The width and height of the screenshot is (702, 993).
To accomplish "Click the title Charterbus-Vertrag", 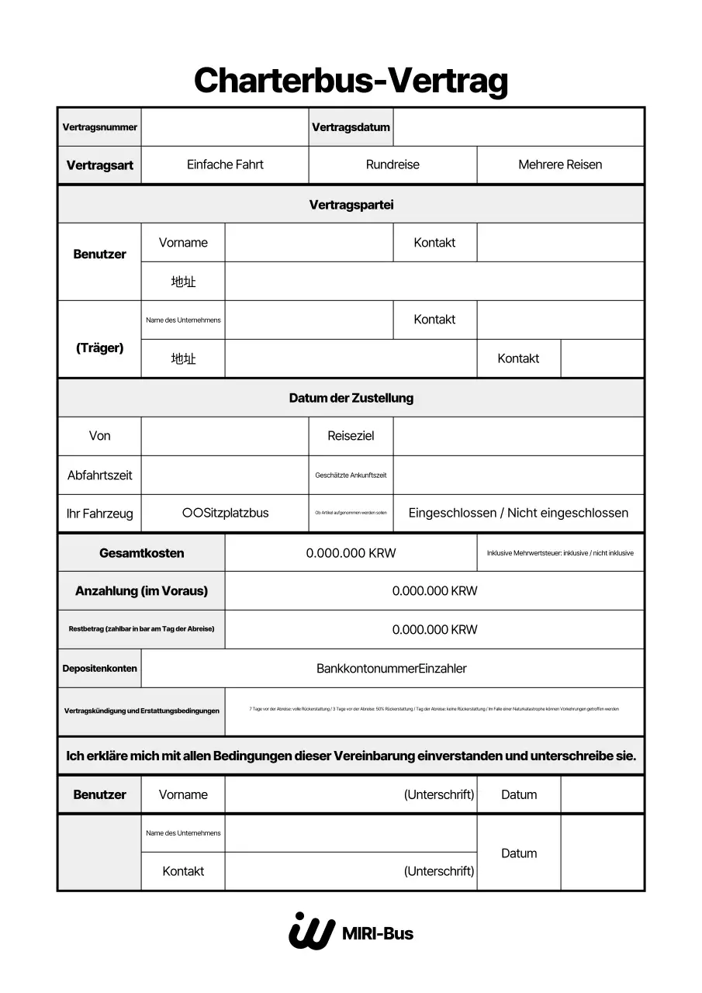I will click(x=351, y=81).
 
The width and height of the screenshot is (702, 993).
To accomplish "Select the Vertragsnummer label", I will click(x=99, y=127).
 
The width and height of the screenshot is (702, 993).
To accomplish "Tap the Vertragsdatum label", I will click(x=351, y=127).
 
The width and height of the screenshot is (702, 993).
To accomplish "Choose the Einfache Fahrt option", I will click(x=225, y=164).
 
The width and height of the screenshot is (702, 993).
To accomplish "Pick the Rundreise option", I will click(x=392, y=164).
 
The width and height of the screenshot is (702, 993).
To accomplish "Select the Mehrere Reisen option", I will click(x=560, y=164).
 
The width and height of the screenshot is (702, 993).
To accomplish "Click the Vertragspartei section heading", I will click(x=351, y=205).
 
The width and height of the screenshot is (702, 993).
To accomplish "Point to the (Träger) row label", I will click(x=99, y=348).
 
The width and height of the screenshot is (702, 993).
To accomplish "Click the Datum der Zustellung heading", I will click(x=351, y=398).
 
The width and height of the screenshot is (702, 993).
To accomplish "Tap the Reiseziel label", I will click(x=351, y=436).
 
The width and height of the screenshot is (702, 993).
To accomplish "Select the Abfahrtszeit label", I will click(x=99, y=475).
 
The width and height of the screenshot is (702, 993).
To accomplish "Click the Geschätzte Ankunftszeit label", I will click(x=351, y=475).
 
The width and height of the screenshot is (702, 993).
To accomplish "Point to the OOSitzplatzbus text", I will click(x=225, y=513).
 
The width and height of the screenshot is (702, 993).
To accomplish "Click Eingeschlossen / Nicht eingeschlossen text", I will click(x=518, y=513).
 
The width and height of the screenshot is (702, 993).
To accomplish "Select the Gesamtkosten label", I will click(x=141, y=553).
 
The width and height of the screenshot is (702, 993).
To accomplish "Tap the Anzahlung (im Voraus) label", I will click(x=141, y=591).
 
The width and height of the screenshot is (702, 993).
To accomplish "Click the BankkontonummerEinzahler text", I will click(x=392, y=668).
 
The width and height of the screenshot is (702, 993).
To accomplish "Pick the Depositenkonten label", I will click(x=99, y=668).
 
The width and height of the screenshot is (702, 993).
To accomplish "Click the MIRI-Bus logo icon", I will click(x=310, y=931).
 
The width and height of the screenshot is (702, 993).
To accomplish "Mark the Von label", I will click(x=99, y=436).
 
